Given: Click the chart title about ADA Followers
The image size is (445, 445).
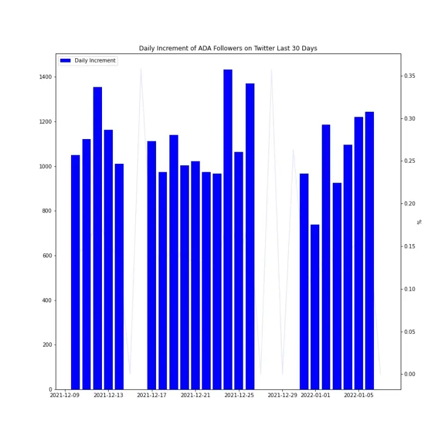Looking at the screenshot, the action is coord(228,48).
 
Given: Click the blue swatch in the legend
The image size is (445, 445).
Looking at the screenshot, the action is coord(66,61).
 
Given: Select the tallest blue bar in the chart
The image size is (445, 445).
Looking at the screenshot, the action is coord(228,229).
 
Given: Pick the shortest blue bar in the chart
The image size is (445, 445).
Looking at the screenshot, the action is coord(315,307).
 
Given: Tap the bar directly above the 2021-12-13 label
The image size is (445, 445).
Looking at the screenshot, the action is coord(109,260).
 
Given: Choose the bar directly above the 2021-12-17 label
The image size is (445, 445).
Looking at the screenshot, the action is coord(152,265).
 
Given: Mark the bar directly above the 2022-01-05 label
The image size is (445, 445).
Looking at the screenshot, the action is coord(359,253).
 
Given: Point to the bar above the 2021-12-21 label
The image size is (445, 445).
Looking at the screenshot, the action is coord(195,275).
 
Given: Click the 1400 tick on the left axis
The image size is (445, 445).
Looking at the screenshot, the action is coord(46,77).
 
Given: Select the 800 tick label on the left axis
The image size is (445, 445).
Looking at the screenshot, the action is coord(47,211).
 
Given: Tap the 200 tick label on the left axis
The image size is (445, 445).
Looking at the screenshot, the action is coord(47,345).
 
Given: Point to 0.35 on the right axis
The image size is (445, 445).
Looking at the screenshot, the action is coord(410,76).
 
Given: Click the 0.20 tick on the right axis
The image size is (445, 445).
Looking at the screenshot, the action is coord(410,203).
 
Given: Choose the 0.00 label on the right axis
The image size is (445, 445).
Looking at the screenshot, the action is coord(410,374).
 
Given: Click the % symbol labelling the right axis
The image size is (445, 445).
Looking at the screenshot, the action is coord(419,222).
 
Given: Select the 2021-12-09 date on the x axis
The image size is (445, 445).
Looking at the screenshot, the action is coord(65,395).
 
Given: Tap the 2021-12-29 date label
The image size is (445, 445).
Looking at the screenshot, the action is coord(282,395).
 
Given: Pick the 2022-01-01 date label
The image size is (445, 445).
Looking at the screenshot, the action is coord(315,395).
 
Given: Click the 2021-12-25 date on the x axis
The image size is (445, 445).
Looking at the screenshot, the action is coord(239,395).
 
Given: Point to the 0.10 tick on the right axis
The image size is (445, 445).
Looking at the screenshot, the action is coord(410,289).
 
